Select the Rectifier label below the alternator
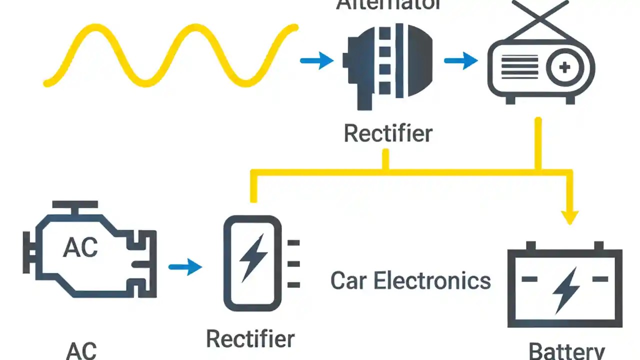pos(388,134)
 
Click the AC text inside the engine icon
pos(80,247)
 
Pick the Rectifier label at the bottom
pos(250,339)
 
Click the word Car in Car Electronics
pos(348,280)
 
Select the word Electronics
pos(432,280)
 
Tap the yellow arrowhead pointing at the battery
pos(569,217)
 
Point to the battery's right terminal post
pos(598,246)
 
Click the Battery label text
pos(566,351)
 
